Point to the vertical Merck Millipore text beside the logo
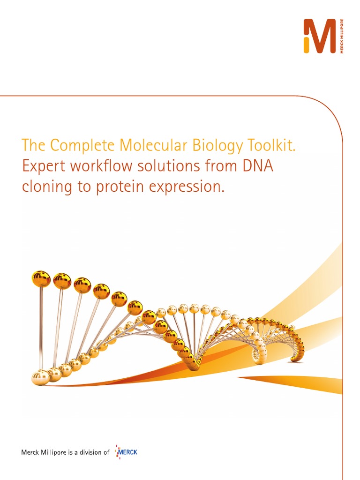(342, 36)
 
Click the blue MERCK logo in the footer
(127, 452)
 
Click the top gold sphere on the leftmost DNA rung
(42, 278)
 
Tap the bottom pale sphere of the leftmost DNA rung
(40, 376)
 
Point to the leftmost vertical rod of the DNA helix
(41, 328)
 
